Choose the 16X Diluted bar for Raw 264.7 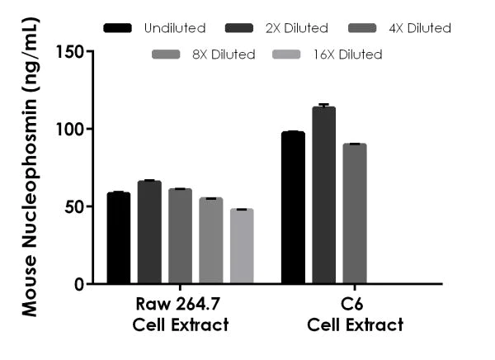coord(242,247)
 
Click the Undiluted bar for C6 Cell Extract coord(293,208)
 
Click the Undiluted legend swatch coord(120,29)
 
